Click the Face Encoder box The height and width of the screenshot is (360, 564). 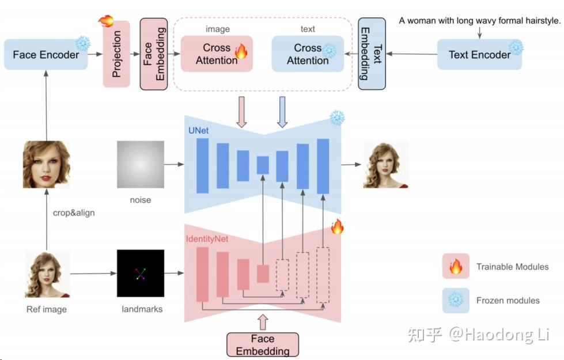point(46,55)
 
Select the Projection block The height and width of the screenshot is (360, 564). point(116,55)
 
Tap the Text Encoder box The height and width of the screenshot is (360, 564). point(479,55)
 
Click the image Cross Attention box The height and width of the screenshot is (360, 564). point(217,54)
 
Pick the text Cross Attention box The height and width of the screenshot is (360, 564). point(308,54)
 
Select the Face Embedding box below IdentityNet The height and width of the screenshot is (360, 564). point(262,344)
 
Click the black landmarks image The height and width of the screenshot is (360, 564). point(140,273)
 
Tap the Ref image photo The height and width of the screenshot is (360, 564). point(47,274)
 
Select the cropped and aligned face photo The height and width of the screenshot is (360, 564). point(46,164)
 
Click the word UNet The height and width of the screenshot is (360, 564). point(198,131)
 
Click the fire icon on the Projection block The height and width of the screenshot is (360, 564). point(106,21)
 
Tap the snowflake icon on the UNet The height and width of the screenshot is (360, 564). point(336,118)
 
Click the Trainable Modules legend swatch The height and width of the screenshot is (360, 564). point(456,267)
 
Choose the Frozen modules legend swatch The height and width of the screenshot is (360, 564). point(456,300)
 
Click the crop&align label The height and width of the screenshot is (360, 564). point(74,213)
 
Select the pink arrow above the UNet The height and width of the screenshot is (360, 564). point(241,112)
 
